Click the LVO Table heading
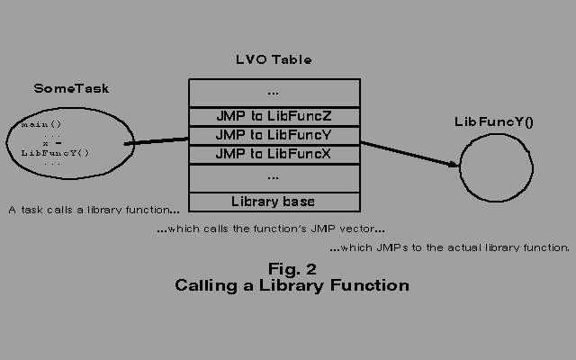point(274,60)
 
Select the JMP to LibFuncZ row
point(274,116)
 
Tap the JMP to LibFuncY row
point(274,135)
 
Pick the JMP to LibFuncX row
point(274,154)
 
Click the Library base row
point(274,201)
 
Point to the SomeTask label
point(71,88)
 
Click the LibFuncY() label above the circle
point(494,121)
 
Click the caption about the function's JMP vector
point(270,229)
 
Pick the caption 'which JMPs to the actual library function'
point(449,247)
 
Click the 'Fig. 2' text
point(292,268)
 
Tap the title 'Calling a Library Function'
point(292,285)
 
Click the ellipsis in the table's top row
point(274,92)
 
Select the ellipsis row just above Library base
point(274,177)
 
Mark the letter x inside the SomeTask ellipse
point(45,143)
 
